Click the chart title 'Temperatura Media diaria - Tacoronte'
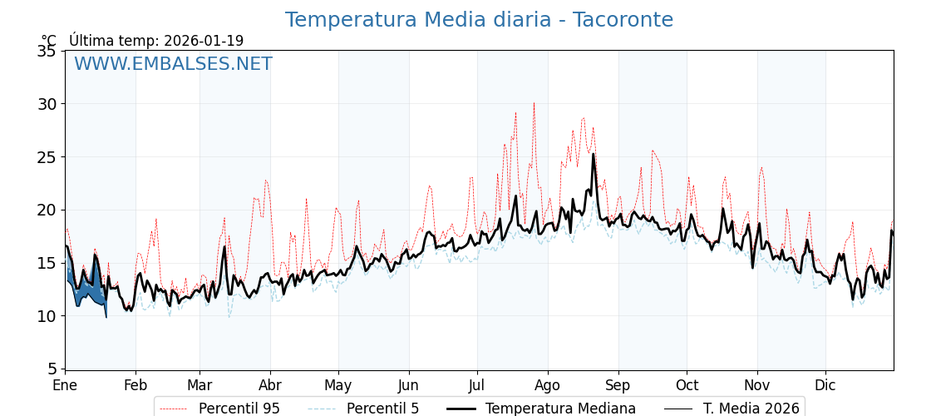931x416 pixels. pyautogui.click(x=479, y=20)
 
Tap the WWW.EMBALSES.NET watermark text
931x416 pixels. pyautogui.click(x=173, y=64)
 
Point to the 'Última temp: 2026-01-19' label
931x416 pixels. pyautogui.click(x=156, y=41)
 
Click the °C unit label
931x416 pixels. pyautogui.click(x=49, y=41)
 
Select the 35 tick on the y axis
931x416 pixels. pyautogui.click(x=47, y=52)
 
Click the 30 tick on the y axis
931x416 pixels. pyautogui.click(x=47, y=104)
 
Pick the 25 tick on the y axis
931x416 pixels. pyautogui.click(x=47, y=157)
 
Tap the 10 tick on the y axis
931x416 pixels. pyautogui.click(x=47, y=316)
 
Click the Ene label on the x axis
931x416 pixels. pyautogui.click(x=65, y=386)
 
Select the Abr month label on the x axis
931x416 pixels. pyautogui.click(x=270, y=386)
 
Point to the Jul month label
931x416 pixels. pyautogui.click(x=477, y=386)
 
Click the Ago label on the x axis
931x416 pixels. pyautogui.click(x=548, y=386)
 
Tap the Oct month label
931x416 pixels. pyautogui.click(x=687, y=386)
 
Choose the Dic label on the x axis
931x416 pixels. pyautogui.click(x=825, y=386)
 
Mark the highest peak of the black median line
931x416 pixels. pyautogui.click(x=594, y=154)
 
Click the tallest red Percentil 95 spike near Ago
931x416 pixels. pyautogui.click(x=534, y=103)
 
